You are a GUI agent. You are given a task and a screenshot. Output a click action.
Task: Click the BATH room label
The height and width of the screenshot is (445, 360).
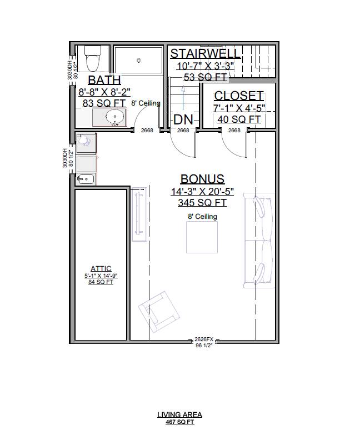(104, 80)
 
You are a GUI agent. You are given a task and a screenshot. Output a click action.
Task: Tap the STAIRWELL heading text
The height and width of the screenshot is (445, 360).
(205, 53)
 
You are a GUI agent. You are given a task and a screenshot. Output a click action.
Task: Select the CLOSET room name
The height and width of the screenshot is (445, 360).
(238, 96)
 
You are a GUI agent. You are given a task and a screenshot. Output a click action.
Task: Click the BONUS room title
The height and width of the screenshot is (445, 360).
(202, 179)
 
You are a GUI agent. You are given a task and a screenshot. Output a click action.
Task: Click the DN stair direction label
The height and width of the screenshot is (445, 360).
(183, 119)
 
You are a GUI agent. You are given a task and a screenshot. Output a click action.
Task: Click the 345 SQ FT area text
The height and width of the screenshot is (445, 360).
(202, 203)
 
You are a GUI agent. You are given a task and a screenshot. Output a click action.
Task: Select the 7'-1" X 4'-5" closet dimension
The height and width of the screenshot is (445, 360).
(238, 108)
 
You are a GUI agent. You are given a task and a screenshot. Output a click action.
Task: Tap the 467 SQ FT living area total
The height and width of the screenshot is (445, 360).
(179, 422)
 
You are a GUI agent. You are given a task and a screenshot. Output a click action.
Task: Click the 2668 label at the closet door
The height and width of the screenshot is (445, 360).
(234, 131)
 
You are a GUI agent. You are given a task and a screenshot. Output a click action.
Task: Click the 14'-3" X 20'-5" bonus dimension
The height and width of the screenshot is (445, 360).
(202, 192)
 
